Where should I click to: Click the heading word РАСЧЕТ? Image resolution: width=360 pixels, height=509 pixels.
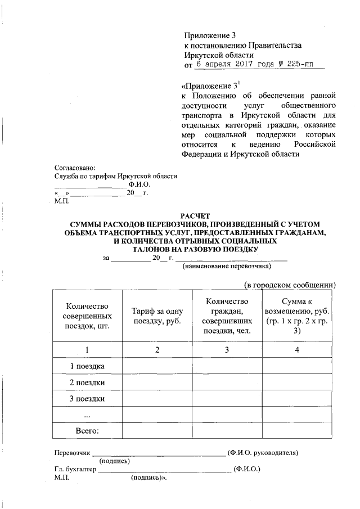pos(194,215)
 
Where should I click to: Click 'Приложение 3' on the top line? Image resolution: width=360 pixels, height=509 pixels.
pos(208,35)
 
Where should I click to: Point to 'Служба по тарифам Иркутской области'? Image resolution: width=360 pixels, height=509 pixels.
pos(115,176)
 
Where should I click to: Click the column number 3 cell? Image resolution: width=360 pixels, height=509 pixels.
pos(227,350)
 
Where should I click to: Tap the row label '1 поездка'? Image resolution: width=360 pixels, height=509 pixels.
pos(87,366)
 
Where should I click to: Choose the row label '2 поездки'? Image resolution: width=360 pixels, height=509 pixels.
pos(87,382)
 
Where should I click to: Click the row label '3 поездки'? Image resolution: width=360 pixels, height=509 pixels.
pos(87,399)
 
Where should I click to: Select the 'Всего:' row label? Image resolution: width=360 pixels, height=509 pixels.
pos(87,431)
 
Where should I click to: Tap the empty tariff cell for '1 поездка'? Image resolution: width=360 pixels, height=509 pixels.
pos(157,366)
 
